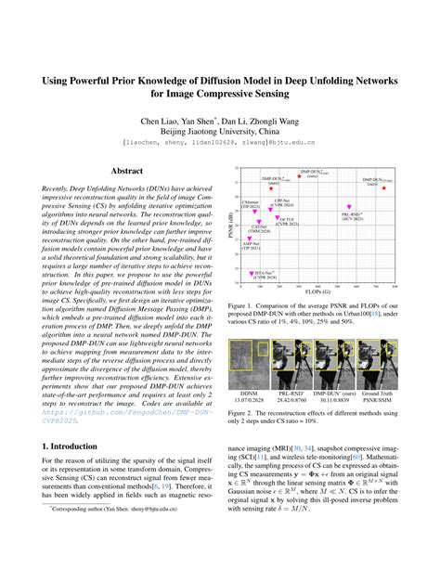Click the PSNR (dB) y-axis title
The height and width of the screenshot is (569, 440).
[233, 224]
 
